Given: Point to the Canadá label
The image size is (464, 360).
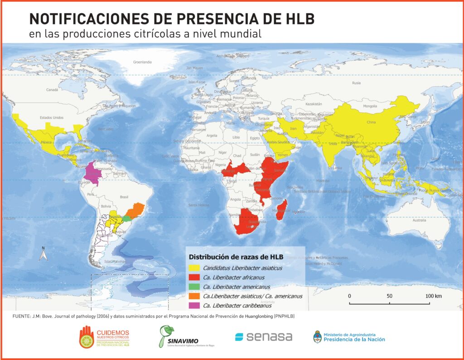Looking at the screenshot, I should pos(53,90).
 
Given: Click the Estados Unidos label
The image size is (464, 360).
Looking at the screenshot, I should pos(52,117).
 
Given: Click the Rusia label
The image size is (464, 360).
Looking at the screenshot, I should pos(357,83).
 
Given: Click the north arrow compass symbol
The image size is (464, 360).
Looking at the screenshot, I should pos(43,254).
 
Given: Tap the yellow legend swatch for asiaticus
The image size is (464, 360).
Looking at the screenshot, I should pos(195,268).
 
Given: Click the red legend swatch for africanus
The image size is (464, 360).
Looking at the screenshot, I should pos(195,277).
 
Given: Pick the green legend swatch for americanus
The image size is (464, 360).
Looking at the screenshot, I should pos(195,287).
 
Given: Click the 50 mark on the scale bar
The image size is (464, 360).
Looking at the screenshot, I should pos(389,296).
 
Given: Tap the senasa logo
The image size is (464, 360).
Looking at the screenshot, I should pos(263,337).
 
